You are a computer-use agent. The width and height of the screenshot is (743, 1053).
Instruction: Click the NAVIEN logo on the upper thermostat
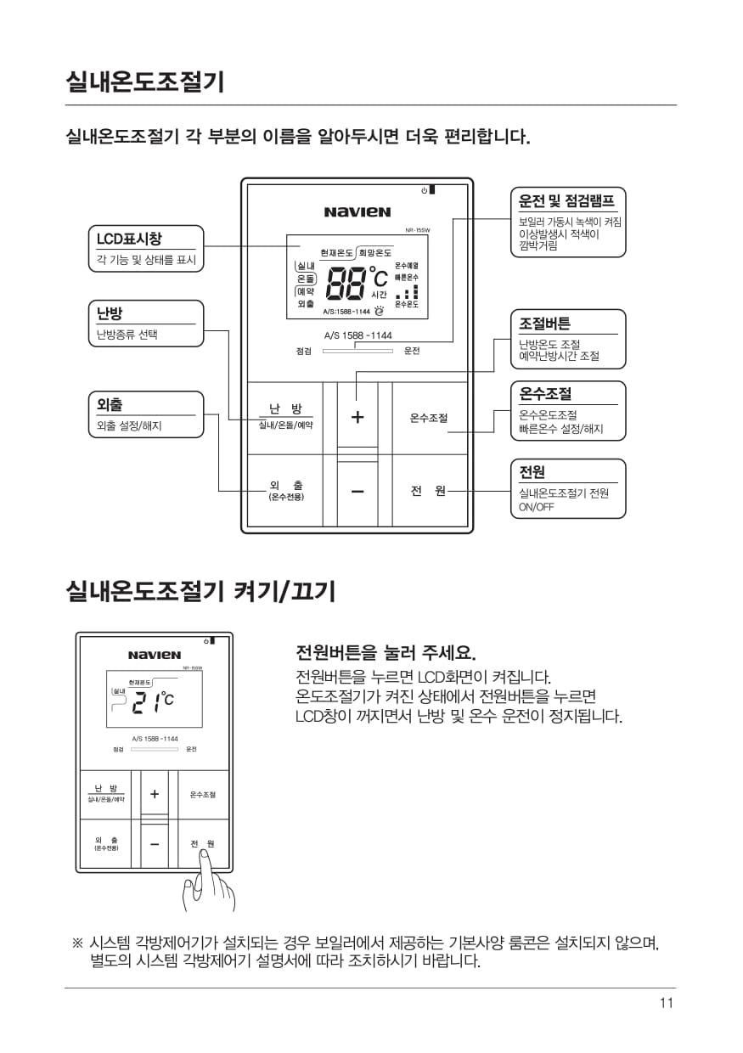tap(357, 211)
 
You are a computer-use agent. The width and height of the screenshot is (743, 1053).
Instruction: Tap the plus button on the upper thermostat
tap(357, 417)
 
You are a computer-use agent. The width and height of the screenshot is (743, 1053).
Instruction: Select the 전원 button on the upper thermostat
tap(428, 491)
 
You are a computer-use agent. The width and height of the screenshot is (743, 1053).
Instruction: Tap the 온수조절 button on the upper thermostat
tap(428, 417)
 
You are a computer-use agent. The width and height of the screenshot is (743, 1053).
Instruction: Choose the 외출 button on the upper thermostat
tap(285, 490)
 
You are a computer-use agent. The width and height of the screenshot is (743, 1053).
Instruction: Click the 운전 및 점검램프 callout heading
tap(566, 201)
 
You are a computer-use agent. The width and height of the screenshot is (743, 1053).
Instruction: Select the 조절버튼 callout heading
tap(545, 324)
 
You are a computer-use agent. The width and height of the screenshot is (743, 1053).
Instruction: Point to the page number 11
tap(666, 1003)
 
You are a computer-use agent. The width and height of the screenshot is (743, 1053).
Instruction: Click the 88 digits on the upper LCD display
tap(345, 283)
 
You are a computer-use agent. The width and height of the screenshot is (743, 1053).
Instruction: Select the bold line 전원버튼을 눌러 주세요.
tap(386, 652)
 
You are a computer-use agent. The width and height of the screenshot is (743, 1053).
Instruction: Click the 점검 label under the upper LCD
tap(303, 351)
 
